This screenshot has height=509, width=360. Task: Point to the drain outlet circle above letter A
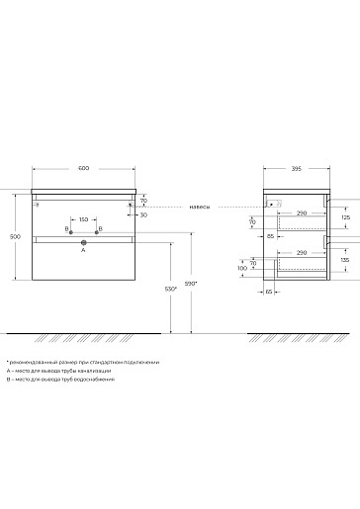(x=83, y=242)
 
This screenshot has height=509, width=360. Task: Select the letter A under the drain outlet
(x=83, y=252)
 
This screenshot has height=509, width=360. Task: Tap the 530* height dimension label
(x=171, y=289)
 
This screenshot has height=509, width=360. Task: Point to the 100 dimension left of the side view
(x=242, y=268)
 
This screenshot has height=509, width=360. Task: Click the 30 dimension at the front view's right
(x=143, y=214)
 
